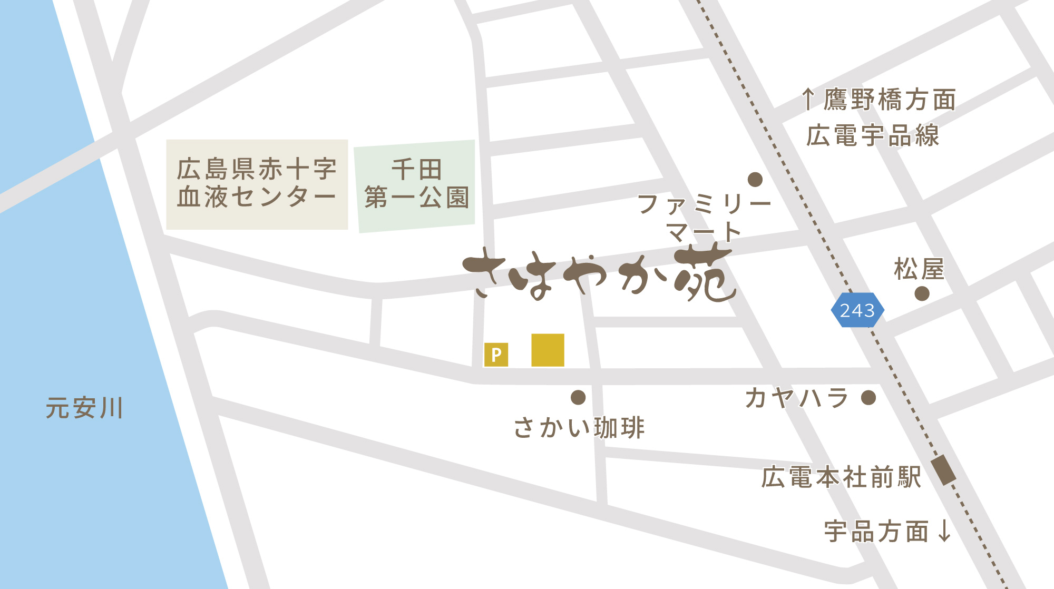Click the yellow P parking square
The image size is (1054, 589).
pyautogui.click(x=496, y=355)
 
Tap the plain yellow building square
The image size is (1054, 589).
pyautogui.click(x=548, y=350)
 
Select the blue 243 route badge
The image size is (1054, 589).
pyautogui.click(x=857, y=310)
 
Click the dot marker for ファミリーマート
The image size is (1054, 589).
pyautogui.click(x=755, y=180)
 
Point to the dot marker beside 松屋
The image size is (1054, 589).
pyautogui.click(x=922, y=293)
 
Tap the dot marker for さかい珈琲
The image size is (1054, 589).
pyautogui.click(x=578, y=397)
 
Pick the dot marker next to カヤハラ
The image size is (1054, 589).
pyautogui.click(x=868, y=398)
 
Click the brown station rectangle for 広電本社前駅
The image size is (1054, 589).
pyautogui.click(x=943, y=470)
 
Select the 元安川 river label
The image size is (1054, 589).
pyautogui.click(x=84, y=408)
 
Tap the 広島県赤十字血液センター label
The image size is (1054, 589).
pyautogui.click(x=257, y=183)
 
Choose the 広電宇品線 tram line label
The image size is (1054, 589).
pyautogui.click(x=873, y=136)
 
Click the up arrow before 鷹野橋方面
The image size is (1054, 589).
pyautogui.click(x=807, y=100)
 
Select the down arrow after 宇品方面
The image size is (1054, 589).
pyautogui.click(x=945, y=531)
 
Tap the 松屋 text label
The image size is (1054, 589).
pyautogui.click(x=919, y=269)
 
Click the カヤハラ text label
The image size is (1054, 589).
pyautogui.click(x=796, y=398)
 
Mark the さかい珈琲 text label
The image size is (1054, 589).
pyautogui.click(x=579, y=427)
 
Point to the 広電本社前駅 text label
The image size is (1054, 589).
pyautogui.click(x=841, y=477)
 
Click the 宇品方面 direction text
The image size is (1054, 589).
pyautogui.click(x=876, y=531)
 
